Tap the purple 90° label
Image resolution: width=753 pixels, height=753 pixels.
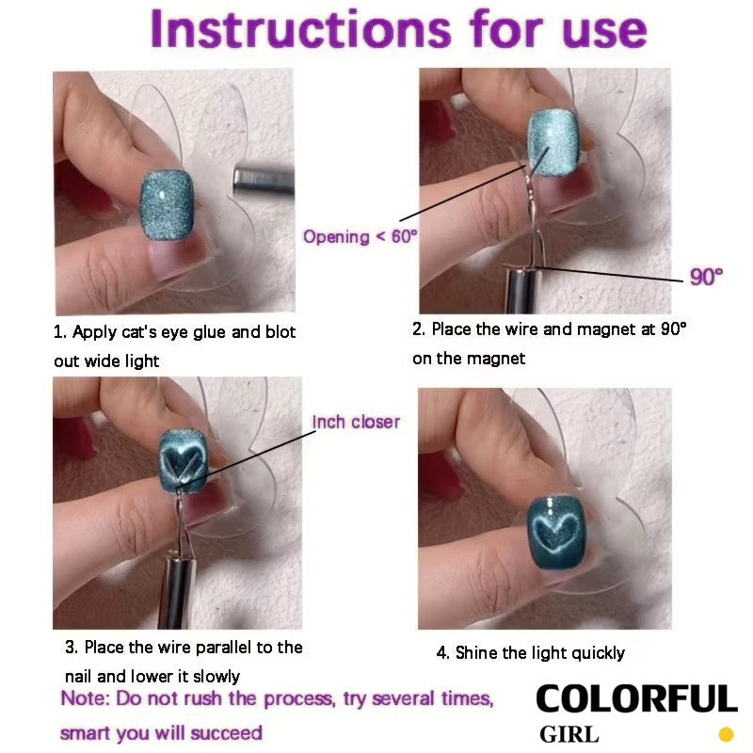[x=706, y=277]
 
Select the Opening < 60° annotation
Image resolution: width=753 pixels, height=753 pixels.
[x=360, y=236]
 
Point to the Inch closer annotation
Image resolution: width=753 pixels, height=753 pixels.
[x=356, y=422]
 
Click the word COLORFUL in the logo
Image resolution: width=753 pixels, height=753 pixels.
[x=636, y=699]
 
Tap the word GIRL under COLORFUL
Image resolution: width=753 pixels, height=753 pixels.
[x=569, y=735]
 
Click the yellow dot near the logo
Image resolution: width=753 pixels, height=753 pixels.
[x=726, y=735]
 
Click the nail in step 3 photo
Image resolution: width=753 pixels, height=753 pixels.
[x=183, y=461]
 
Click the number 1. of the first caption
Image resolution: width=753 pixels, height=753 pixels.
[x=59, y=332]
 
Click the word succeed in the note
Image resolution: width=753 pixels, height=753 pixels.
[x=226, y=733]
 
